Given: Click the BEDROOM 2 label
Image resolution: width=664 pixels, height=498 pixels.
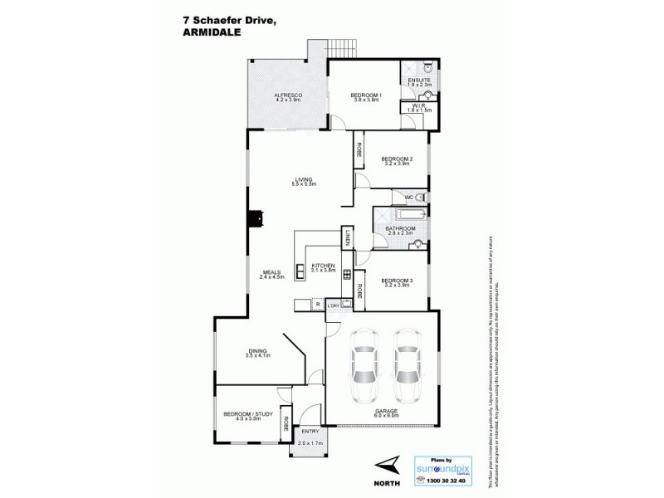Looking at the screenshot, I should tap(396, 159).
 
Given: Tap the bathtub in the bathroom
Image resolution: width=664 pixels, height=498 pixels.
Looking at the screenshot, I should tap(399, 213).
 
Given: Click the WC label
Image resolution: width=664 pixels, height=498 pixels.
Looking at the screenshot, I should tap(408, 197).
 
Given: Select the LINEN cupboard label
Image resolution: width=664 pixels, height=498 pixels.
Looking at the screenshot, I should tap(339, 238).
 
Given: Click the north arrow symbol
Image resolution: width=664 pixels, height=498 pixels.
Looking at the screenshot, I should tap(384, 466).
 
